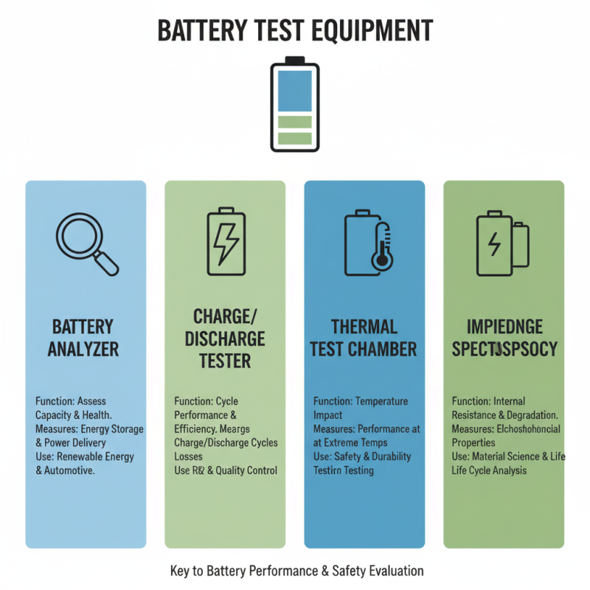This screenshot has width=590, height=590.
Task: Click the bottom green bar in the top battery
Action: click(x=295, y=137)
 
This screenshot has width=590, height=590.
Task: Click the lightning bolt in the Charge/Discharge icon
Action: click(x=226, y=242)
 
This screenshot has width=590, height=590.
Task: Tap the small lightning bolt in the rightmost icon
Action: click(x=495, y=243)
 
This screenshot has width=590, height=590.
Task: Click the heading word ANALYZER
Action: click(x=83, y=349)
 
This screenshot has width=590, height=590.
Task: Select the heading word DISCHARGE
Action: click(x=225, y=339)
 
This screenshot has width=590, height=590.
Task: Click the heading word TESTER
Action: click(x=225, y=361)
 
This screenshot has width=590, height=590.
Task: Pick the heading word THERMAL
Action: click(x=364, y=327)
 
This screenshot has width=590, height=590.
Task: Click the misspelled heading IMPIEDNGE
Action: click(x=505, y=327)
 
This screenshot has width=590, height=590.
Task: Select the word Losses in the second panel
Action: click(x=190, y=457)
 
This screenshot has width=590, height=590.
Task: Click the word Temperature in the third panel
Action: click(x=381, y=401)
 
